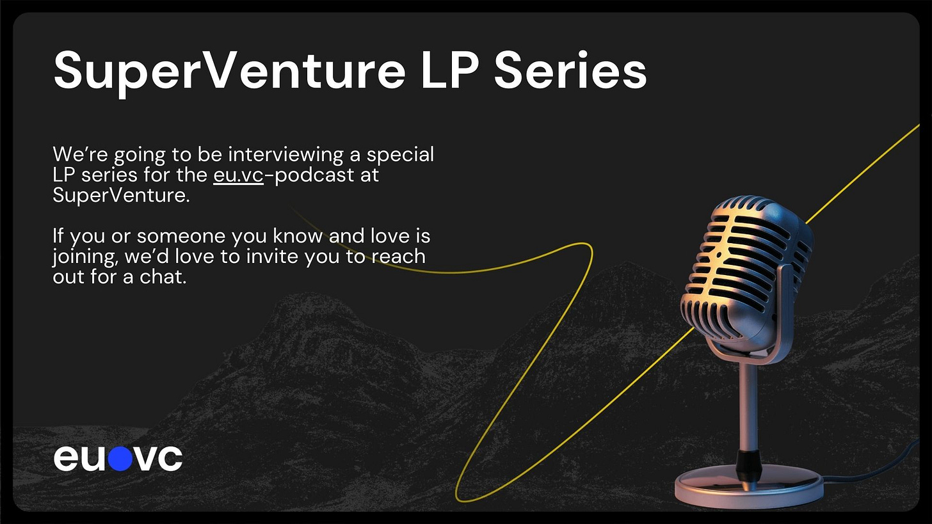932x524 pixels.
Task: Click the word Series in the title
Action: point(570,70)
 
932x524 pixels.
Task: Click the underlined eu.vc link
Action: point(238,175)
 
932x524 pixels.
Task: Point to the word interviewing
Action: point(286,154)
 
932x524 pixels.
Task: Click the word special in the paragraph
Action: point(400,154)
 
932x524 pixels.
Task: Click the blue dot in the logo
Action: point(120,458)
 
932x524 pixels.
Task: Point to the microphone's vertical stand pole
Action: point(748,407)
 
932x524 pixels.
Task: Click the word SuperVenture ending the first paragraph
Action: point(121,195)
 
